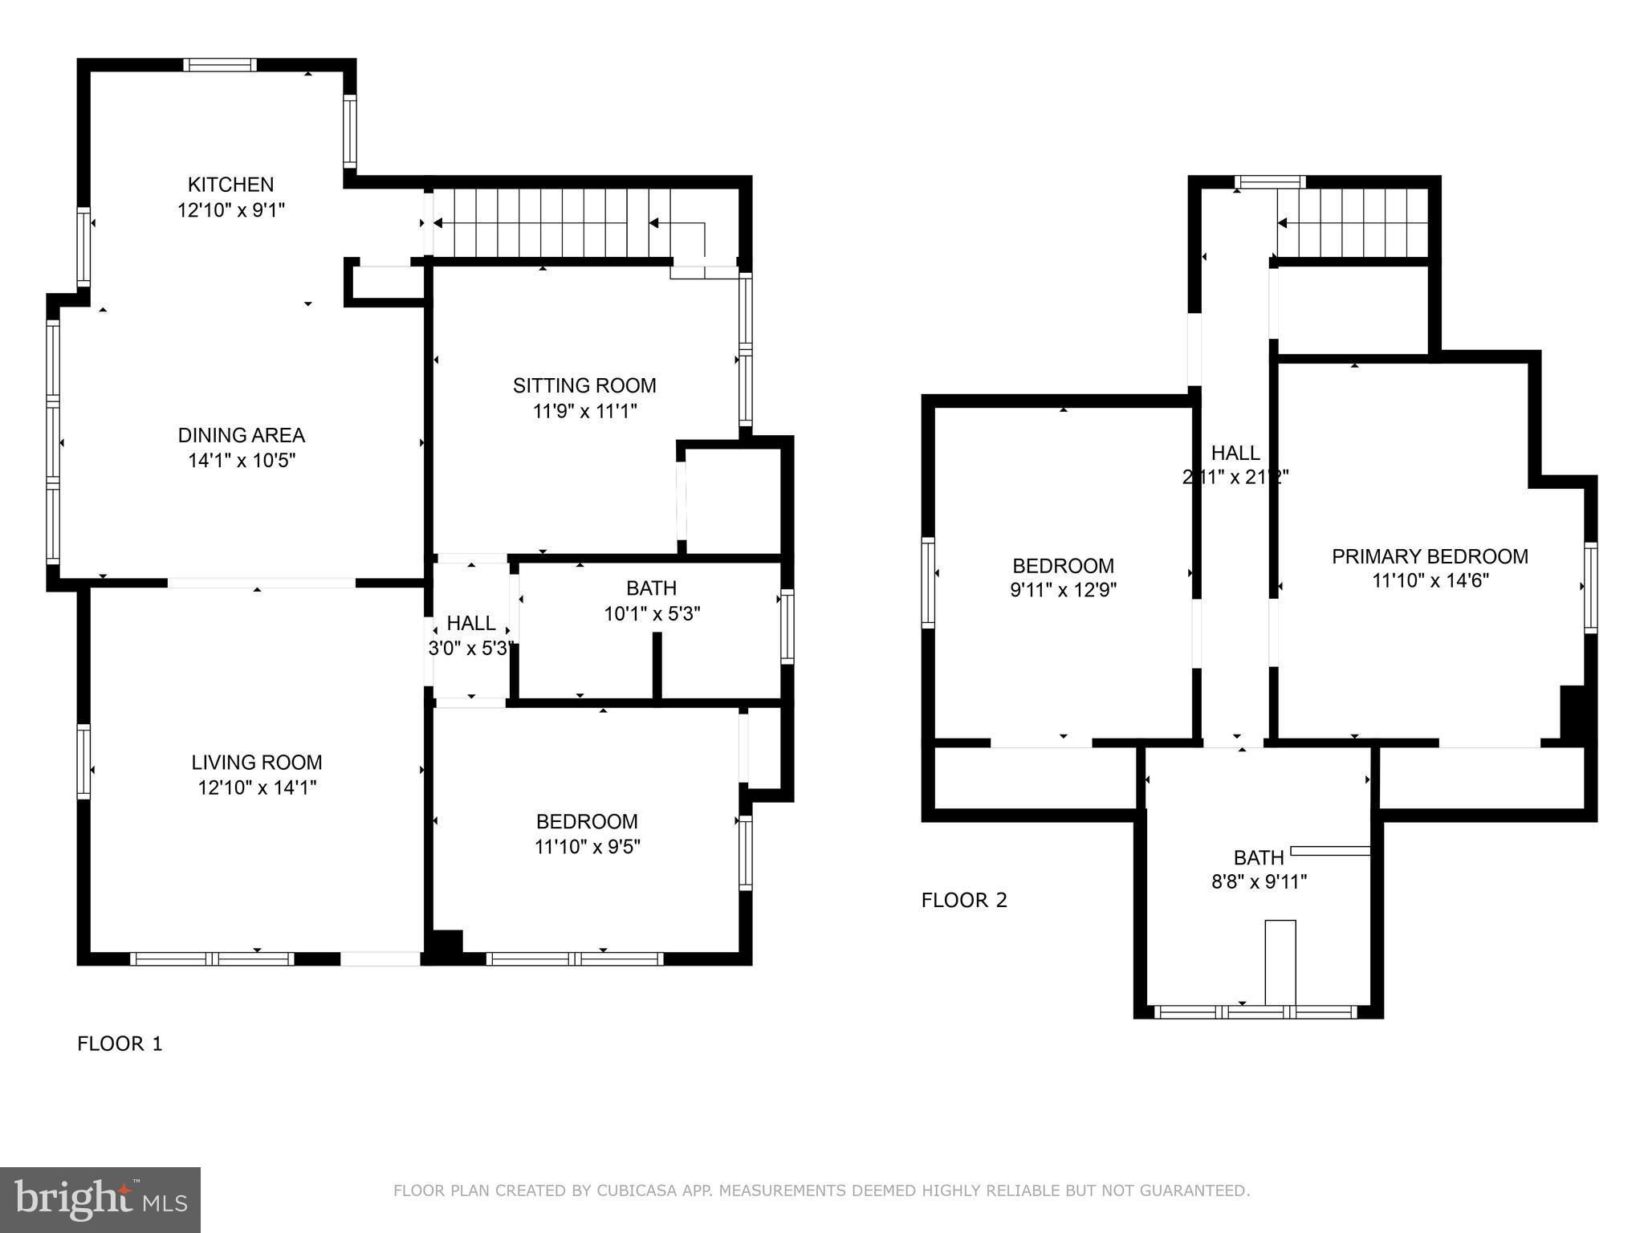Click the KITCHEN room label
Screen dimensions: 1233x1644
(x=230, y=185)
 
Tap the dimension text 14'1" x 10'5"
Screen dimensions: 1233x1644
(x=242, y=461)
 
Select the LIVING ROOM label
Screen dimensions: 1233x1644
(x=256, y=762)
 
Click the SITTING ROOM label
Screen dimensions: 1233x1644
(x=584, y=386)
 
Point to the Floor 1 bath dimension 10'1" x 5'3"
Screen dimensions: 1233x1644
(x=652, y=614)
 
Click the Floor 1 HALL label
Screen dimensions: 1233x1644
(x=471, y=623)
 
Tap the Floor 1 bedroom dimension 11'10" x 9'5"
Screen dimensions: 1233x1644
(x=588, y=847)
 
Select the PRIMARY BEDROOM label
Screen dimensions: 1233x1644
(x=1430, y=556)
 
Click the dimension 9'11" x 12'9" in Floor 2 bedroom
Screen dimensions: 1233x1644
(x=1063, y=591)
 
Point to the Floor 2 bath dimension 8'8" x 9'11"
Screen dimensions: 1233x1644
(x=1259, y=882)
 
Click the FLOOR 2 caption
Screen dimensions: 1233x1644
(x=963, y=900)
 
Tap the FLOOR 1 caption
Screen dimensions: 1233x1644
(x=120, y=1044)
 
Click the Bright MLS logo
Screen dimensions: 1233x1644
(x=100, y=1199)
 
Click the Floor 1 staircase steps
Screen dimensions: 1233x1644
(x=546, y=223)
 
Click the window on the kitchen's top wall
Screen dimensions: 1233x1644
(x=220, y=65)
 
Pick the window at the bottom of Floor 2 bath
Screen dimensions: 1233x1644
(x=1258, y=1012)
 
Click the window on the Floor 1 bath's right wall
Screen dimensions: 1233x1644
(x=787, y=626)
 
